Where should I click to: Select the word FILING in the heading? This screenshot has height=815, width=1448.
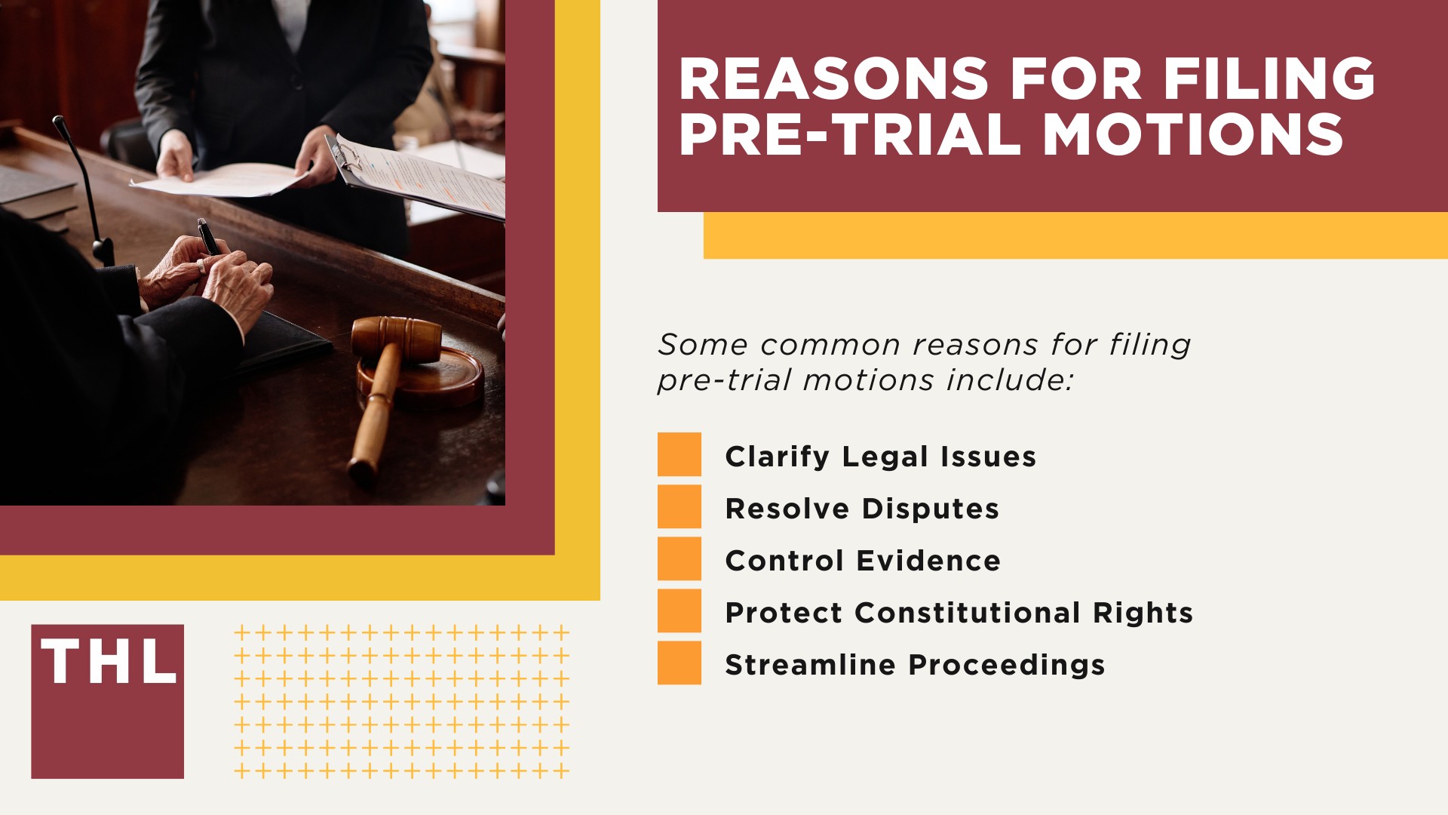(1269, 79)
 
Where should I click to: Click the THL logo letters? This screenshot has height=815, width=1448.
(109, 663)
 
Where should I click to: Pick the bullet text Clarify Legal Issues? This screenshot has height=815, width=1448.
(880, 457)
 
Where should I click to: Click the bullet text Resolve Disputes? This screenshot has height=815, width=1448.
(862, 509)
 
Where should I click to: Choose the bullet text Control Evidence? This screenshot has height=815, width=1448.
(863, 561)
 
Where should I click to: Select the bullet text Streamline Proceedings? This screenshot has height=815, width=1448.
(915, 665)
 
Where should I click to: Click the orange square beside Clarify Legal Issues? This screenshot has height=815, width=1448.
(679, 454)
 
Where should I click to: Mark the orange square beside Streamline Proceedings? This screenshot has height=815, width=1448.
(679, 663)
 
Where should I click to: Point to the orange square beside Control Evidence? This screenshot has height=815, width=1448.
(679, 558)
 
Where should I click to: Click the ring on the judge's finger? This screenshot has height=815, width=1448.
(201, 266)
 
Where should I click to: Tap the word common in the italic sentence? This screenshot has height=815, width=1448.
(830, 346)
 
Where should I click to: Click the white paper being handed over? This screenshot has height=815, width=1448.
(226, 180)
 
